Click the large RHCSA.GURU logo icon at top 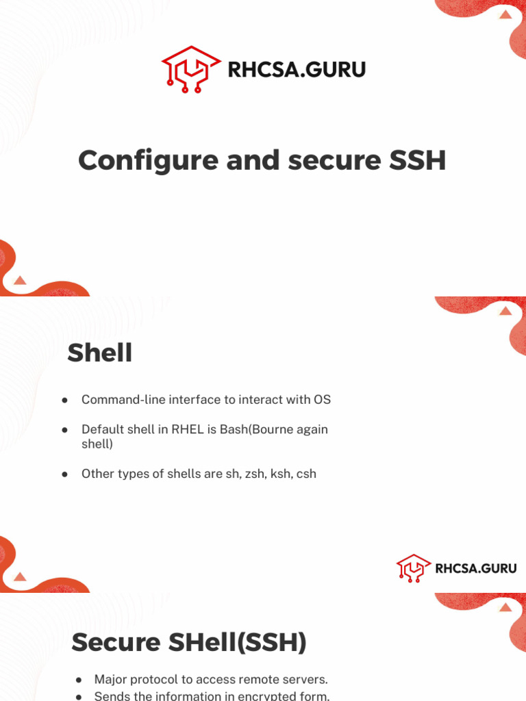pos(190,69)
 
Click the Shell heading pos(99,353)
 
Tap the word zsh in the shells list pos(254,473)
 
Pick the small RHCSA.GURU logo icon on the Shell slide pos(414,568)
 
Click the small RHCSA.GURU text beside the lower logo pos(476,568)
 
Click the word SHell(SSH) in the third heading pos(237,642)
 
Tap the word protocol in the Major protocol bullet pos(164,679)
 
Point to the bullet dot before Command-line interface pos(64,399)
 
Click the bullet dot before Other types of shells pos(64,473)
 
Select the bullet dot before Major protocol pos(79,679)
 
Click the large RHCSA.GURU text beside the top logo pos(296,70)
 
